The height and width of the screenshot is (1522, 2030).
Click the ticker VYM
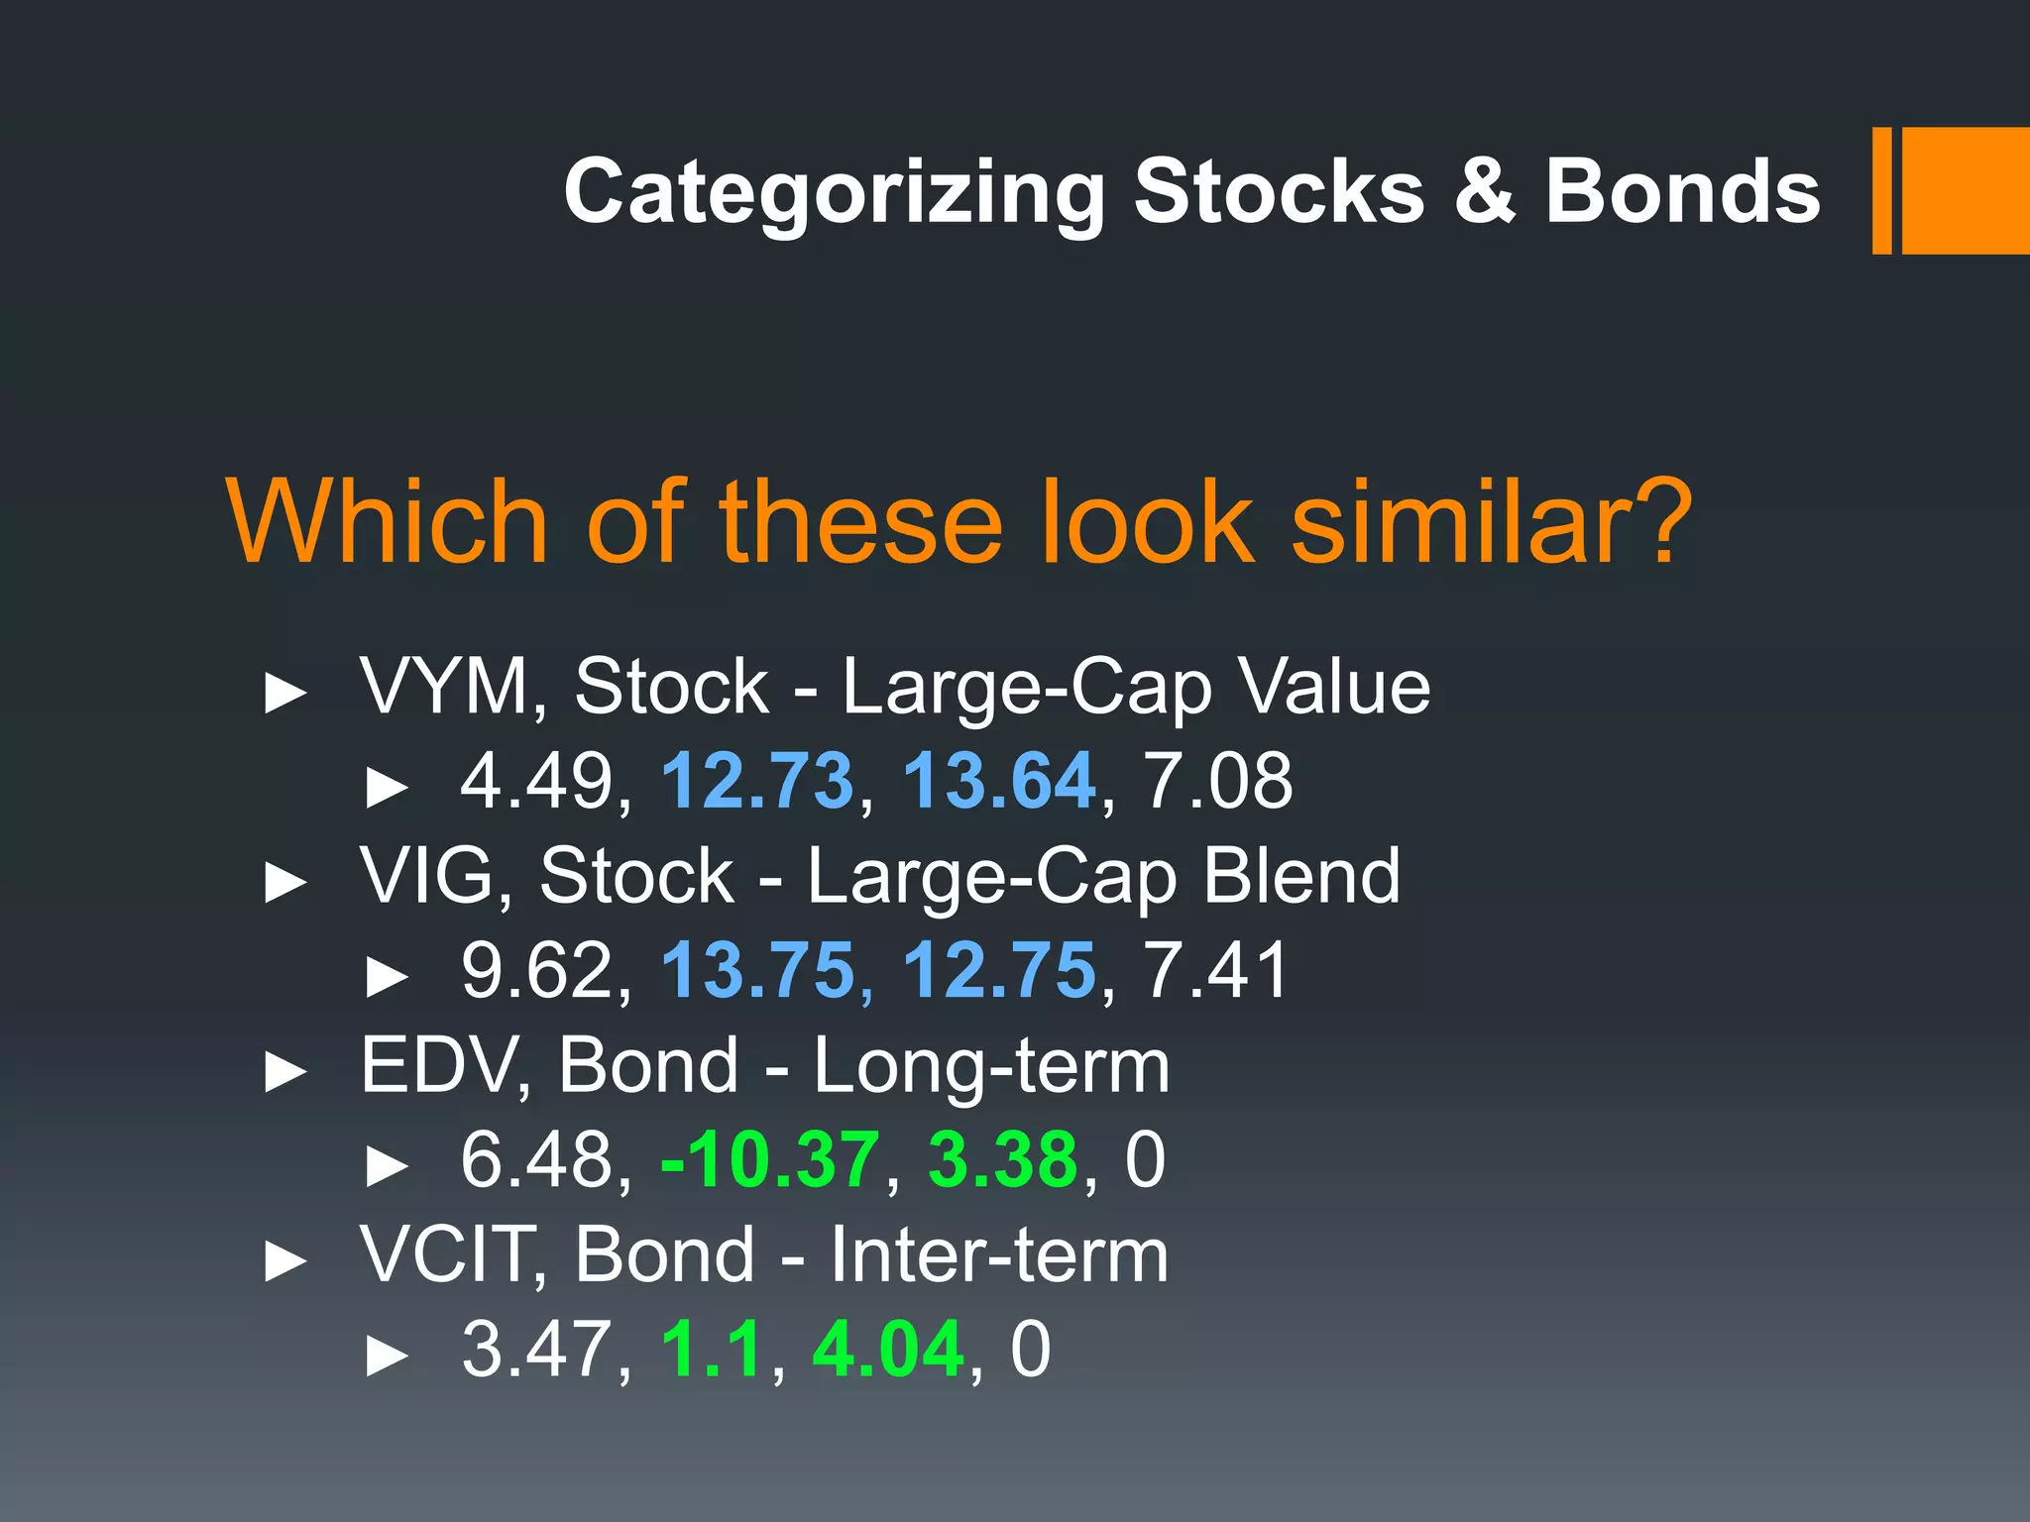444,686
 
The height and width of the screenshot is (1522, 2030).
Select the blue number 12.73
756,781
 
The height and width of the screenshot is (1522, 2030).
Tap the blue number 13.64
998,781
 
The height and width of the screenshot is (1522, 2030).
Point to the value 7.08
1218,781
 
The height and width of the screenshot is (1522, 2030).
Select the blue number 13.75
757,971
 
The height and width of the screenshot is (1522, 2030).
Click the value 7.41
1215,971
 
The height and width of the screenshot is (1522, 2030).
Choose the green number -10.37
769,1160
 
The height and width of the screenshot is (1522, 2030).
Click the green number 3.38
1002,1160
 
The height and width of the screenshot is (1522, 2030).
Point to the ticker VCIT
444,1255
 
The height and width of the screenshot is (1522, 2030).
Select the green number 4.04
887,1350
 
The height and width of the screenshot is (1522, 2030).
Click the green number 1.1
711,1350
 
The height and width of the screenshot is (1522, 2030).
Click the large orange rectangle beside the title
1965,190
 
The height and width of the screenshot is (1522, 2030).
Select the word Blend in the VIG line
1300,876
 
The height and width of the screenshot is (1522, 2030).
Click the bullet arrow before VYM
285,693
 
